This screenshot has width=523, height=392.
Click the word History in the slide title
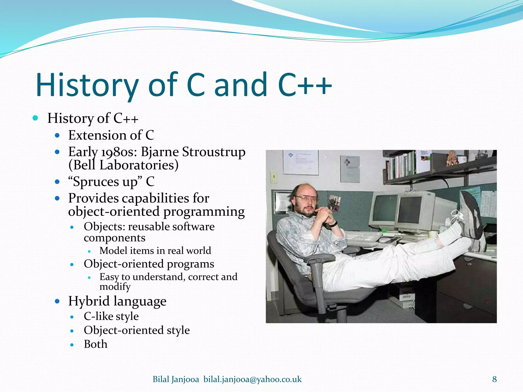(x=87, y=85)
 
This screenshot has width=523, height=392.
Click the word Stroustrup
(x=213, y=152)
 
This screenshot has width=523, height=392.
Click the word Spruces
(x=96, y=182)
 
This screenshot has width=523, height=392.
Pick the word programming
(x=204, y=212)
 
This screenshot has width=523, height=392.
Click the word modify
(x=115, y=287)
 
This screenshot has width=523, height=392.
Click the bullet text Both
(x=96, y=344)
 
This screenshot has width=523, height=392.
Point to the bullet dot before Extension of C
(x=57, y=135)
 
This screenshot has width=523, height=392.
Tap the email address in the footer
(x=252, y=379)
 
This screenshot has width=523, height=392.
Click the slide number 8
(x=494, y=379)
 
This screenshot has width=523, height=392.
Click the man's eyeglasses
(x=305, y=198)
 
